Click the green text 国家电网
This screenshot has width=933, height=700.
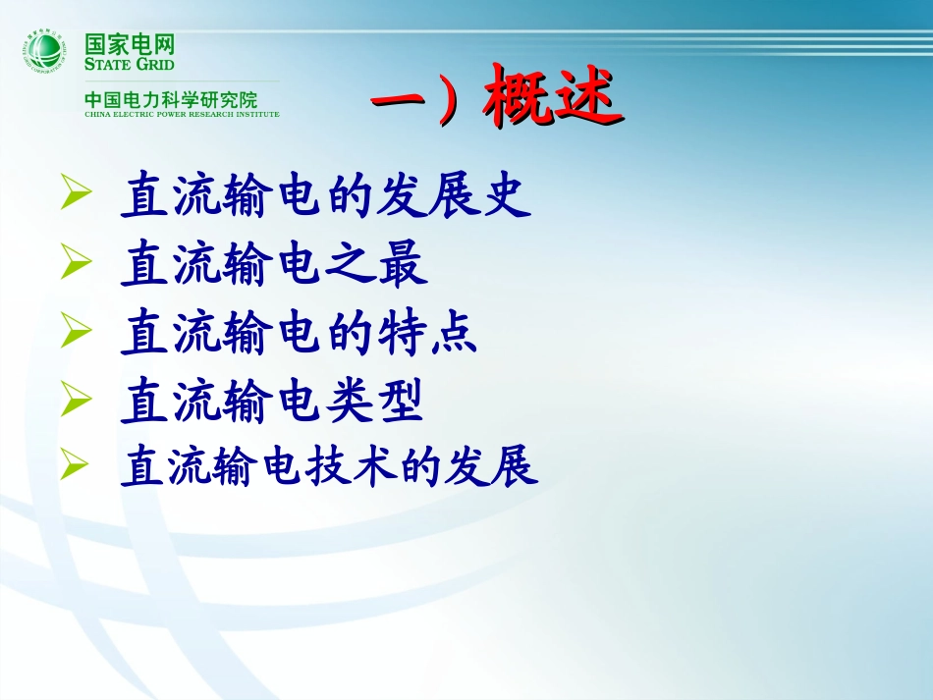click(130, 44)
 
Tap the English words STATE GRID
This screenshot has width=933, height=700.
click(130, 65)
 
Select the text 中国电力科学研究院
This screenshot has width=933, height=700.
click(171, 99)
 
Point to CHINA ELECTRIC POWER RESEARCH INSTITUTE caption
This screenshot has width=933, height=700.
click(182, 115)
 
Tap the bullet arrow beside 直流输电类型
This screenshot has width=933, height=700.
click(76, 400)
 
